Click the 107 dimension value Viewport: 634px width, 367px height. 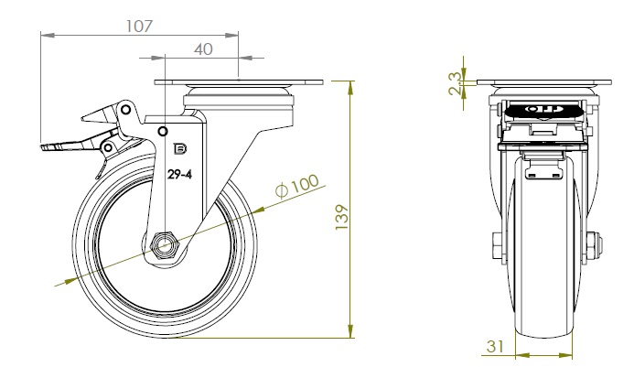[137, 26]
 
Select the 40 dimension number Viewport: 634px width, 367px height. [202, 49]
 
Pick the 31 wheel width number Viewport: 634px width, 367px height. [498, 346]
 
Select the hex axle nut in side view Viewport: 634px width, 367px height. [166, 245]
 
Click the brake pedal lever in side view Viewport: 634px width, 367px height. [69, 145]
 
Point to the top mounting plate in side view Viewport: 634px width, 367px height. [240, 85]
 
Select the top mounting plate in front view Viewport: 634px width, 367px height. [544, 85]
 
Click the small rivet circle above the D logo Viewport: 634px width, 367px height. [163, 129]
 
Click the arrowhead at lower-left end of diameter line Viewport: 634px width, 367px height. [62, 284]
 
